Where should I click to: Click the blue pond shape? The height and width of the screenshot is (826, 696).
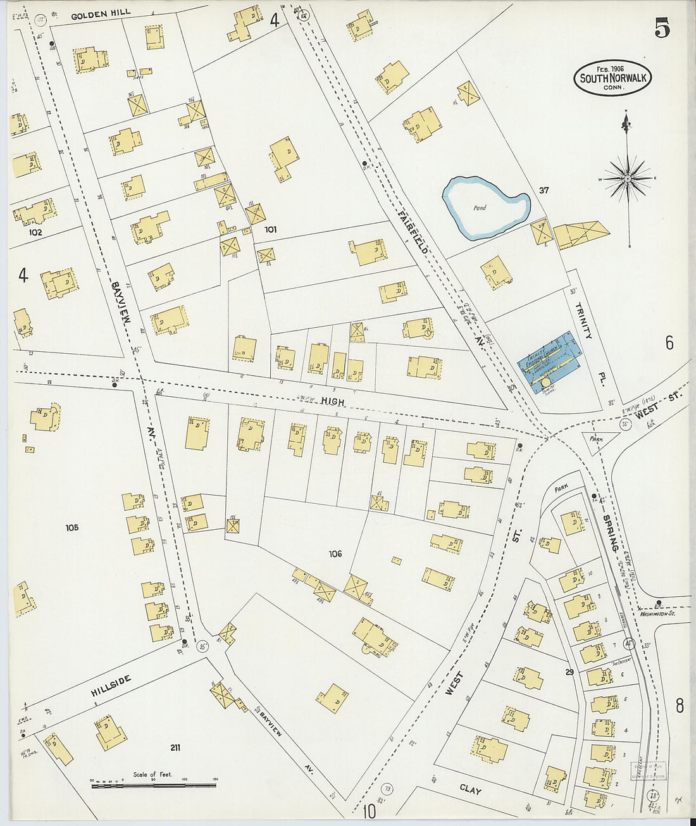(x=485, y=208)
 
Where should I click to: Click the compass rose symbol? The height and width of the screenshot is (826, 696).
(x=627, y=178)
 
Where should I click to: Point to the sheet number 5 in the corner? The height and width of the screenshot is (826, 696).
(x=662, y=29)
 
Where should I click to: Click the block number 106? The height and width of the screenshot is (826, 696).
(x=335, y=554)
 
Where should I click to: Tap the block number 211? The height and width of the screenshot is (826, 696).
(x=175, y=748)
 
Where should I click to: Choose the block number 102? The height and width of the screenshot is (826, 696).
(x=35, y=232)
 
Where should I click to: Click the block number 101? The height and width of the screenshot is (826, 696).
(x=271, y=229)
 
